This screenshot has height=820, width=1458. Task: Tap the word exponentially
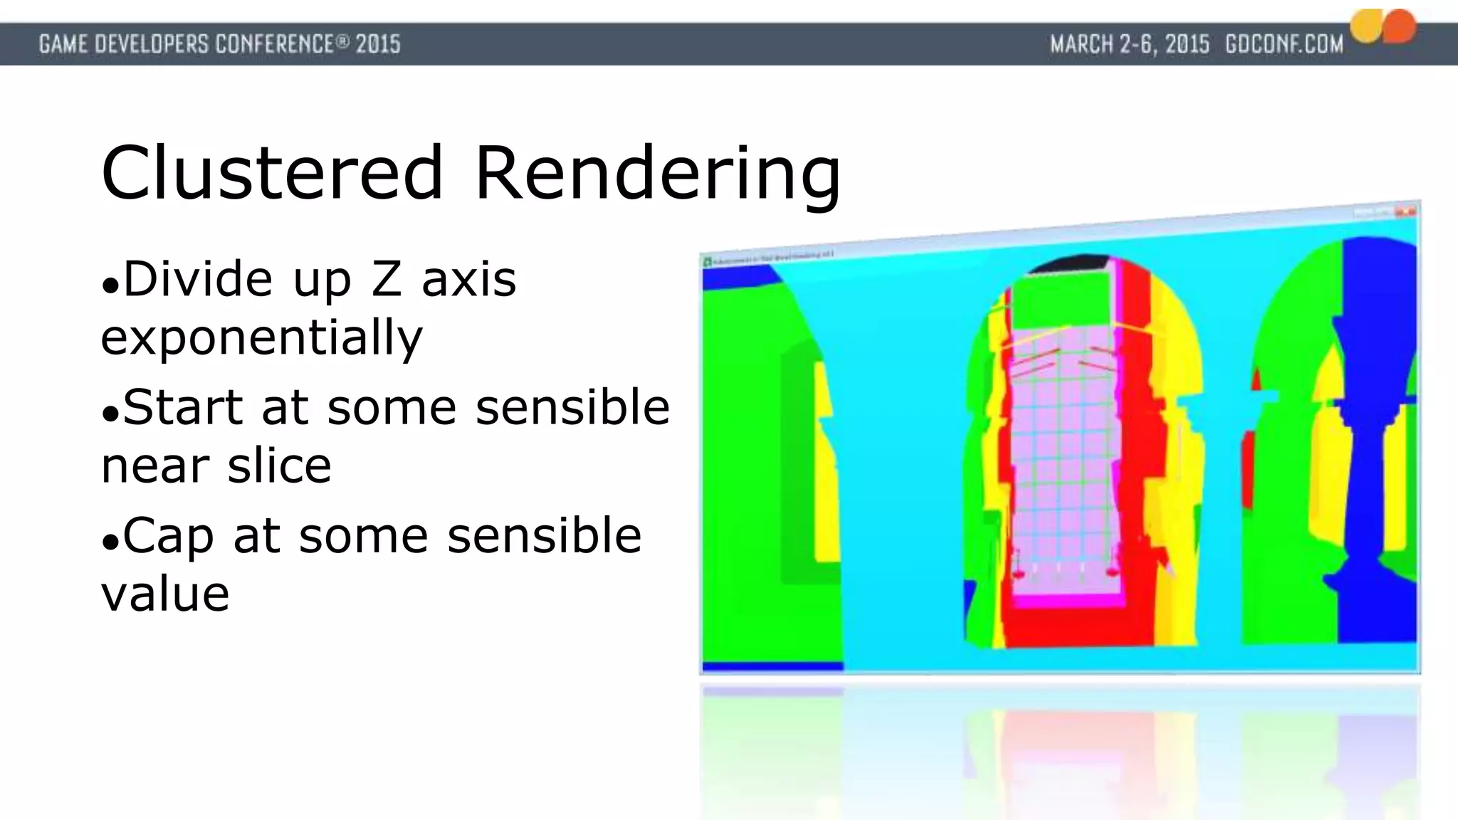tap(262, 337)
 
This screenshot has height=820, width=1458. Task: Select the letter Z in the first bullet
tap(387, 279)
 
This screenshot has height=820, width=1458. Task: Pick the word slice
tap(279, 466)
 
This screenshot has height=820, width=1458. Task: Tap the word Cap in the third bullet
tap(168, 536)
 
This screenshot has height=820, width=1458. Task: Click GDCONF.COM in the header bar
tap(1284, 45)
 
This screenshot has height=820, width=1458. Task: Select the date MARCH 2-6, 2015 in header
tap(1129, 45)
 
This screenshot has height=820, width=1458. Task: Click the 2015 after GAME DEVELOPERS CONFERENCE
tap(378, 45)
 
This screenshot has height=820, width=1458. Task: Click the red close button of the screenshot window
tap(1405, 211)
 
